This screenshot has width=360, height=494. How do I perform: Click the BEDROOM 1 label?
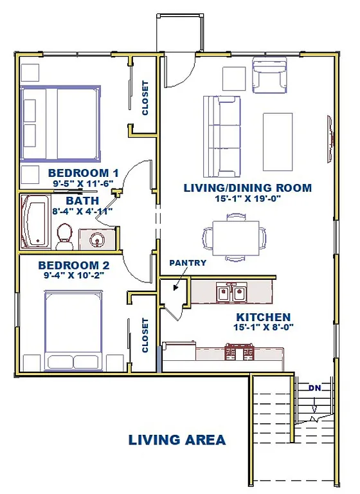click(84, 172)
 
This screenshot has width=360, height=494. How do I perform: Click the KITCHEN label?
click(263, 317)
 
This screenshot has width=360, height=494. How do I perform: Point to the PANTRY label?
click(188, 262)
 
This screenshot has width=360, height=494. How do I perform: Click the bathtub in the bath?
click(35, 223)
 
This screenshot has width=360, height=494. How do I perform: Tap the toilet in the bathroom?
click(64, 237)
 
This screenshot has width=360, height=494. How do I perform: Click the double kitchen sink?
click(231, 293)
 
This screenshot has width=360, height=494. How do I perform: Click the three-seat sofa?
click(220, 136)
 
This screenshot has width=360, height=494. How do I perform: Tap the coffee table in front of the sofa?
click(278, 133)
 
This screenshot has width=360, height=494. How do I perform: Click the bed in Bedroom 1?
click(61, 123)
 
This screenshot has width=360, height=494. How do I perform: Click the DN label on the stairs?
click(314, 388)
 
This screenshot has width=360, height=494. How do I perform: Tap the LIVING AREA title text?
click(177, 440)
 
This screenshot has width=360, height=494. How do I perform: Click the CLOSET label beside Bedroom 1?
click(145, 97)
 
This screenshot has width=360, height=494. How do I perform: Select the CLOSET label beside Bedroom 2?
click(145, 336)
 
